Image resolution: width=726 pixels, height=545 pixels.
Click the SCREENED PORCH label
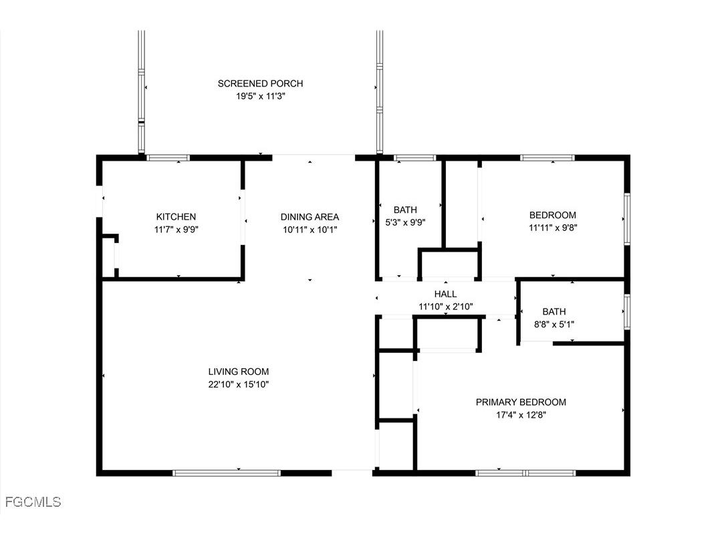(260, 84)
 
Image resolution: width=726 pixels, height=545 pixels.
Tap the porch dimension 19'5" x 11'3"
(260, 96)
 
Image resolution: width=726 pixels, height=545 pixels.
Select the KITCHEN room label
(176, 216)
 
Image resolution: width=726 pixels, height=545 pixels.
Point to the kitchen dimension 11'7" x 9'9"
(176, 229)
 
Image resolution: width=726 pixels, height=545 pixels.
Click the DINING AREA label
(310, 216)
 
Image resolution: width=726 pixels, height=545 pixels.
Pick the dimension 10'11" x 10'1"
(310, 229)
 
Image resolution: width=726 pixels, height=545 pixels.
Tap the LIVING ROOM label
(239, 372)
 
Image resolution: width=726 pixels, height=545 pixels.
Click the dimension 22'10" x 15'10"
(239, 384)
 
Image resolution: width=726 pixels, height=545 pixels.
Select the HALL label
(445, 294)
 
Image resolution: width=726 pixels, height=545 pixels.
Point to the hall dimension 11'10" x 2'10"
(445, 307)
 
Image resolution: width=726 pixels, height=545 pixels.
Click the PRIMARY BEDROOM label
(521, 402)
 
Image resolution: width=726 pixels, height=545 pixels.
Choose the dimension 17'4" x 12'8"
(521, 414)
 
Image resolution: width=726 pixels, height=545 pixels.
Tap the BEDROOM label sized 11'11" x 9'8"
(552, 215)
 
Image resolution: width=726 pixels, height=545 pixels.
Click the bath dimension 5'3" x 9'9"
(405, 222)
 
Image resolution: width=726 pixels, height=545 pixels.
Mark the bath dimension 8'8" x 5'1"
(554, 324)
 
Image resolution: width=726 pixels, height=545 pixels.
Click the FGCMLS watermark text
(33, 501)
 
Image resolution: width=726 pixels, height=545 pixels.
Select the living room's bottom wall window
(227, 473)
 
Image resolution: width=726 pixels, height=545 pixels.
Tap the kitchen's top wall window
(168, 158)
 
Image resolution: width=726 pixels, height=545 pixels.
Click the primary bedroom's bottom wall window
(525, 473)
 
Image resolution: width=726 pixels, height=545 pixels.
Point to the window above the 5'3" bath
(415, 158)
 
